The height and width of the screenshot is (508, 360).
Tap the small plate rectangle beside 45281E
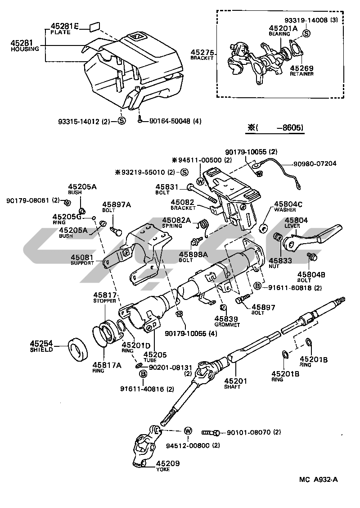tap(94, 26)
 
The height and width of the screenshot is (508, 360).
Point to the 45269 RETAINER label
tap(302, 71)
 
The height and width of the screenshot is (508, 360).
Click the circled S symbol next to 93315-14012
tap(121, 121)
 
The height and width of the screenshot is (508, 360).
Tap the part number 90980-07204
tap(315, 163)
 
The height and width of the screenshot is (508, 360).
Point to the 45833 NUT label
tap(280, 263)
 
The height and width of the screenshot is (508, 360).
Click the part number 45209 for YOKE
tap(168, 463)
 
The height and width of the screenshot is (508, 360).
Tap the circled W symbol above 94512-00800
tap(188, 431)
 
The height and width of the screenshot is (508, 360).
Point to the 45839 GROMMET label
tap(227, 322)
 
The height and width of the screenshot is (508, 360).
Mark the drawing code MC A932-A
tap(318, 480)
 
